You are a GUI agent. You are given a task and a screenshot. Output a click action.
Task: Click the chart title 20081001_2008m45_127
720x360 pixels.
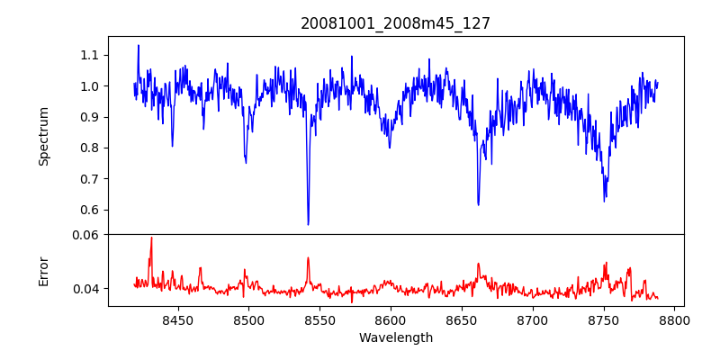pyautogui.click(x=395, y=23)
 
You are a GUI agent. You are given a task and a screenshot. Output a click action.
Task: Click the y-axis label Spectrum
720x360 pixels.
pyautogui.click(x=43, y=136)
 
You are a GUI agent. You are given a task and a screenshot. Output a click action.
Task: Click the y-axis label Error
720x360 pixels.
pyautogui.click(x=43, y=271)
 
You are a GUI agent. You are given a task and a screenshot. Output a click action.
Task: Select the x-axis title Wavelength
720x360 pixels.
pyautogui.click(x=395, y=338)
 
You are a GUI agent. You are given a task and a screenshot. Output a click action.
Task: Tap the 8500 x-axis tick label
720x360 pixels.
pyautogui.click(x=248, y=319)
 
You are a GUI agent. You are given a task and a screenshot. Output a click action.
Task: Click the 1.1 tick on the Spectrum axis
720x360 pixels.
pyautogui.click(x=89, y=55)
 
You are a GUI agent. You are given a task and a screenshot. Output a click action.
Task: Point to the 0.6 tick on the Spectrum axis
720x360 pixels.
pyautogui.click(x=89, y=210)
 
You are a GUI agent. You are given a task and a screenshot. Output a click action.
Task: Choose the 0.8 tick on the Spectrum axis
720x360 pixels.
pyautogui.click(x=89, y=148)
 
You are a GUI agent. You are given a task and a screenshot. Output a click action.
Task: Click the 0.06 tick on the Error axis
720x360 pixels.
pyautogui.click(x=85, y=235)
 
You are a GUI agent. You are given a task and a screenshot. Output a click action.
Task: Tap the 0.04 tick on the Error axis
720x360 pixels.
pyautogui.click(x=85, y=289)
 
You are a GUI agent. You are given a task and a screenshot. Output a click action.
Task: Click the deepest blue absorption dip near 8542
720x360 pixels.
pyautogui.click(x=308, y=224)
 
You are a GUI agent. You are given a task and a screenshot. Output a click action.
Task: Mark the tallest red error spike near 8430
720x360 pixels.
pyautogui.click(x=151, y=238)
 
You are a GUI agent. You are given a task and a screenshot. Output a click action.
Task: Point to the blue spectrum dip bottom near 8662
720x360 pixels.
pyautogui.click(x=478, y=204)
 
